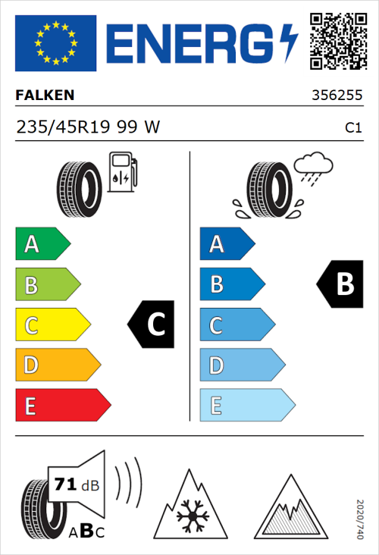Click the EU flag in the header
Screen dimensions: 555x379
(x=55, y=42)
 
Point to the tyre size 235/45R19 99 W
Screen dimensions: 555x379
(x=88, y=127)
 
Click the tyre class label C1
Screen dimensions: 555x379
(x=352, y=128)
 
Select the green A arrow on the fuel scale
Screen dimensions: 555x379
(x=42, y=244)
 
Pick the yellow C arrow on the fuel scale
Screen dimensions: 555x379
(x=52, y=325)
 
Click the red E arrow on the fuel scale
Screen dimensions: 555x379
(x=62, y=406)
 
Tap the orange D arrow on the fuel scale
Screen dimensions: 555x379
(x=57, y=365)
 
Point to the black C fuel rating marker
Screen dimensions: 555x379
(x=152, y=325)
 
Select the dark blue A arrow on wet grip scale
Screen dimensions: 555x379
(x=226, y=244)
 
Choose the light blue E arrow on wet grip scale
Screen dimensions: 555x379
(x=246, y=406)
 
